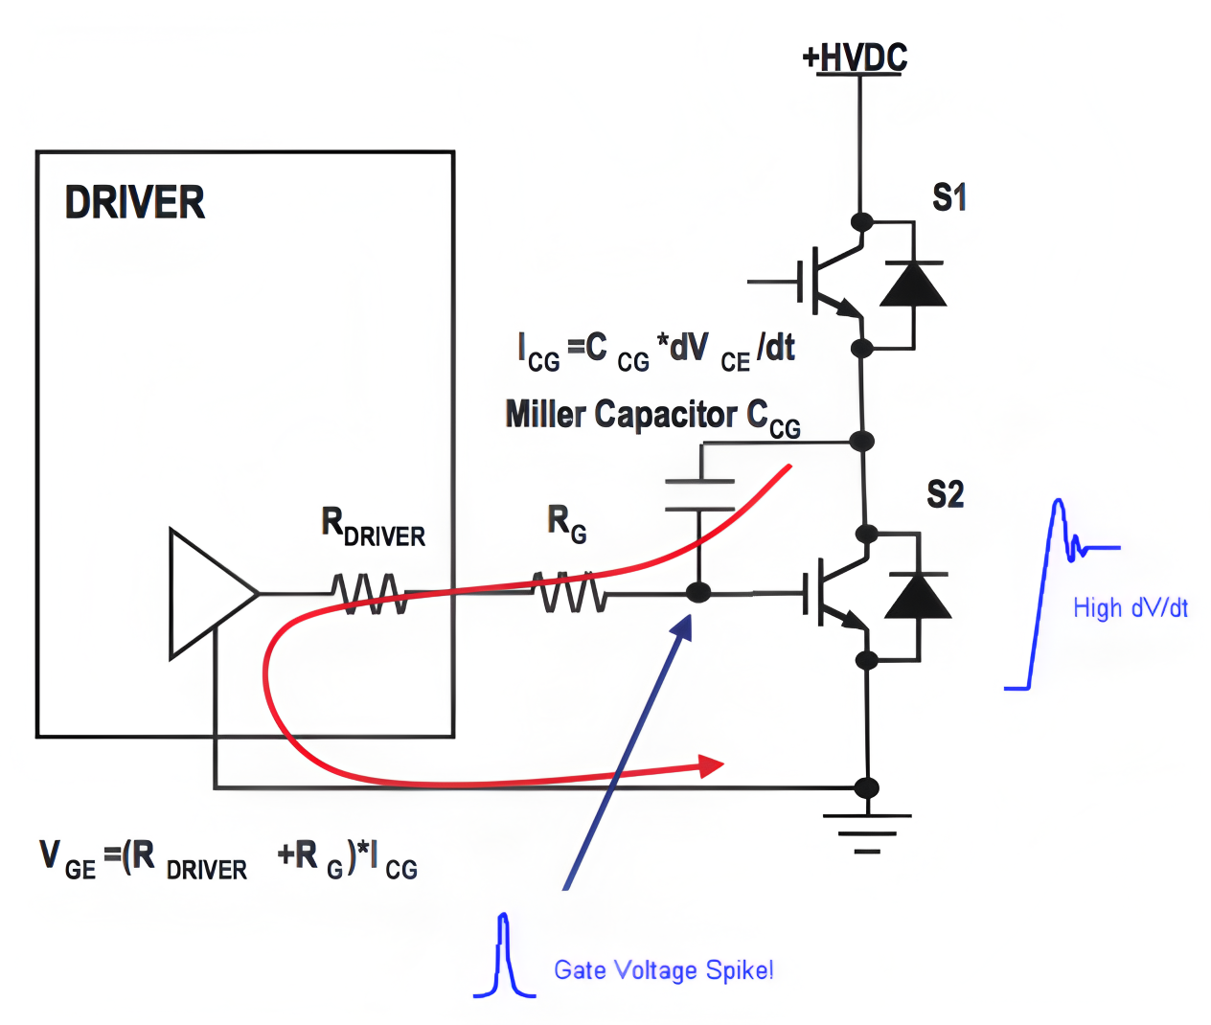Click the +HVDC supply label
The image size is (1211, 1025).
(x=855, y=57)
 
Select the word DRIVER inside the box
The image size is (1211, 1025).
(x=135, y=202)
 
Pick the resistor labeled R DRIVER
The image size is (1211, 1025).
(x=370, y=593)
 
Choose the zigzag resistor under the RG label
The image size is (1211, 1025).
(x=569, y=592)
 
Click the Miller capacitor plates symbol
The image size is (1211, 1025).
(x=699, y=495)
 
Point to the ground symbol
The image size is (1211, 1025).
(x=867, y=832)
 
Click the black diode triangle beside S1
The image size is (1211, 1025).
(x=913, y=285)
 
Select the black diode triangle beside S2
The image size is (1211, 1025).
(x=918, y=595)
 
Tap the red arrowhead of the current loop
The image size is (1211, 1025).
(x=711, y=766)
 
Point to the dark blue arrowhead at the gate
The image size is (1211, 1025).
(x=682, y=627)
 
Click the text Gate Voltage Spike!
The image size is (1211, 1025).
(x=663, y=970)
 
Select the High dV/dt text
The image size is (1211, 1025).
(x=1131, y=608)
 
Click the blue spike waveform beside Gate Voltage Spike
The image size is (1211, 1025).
(x=504, y=954)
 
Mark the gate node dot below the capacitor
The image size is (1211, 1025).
(x=698, y=593)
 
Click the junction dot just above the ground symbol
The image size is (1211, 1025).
(x=867, y=787)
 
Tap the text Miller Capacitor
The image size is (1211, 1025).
(x=622, y=416)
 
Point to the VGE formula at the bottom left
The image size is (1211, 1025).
(x=228, y=859)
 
